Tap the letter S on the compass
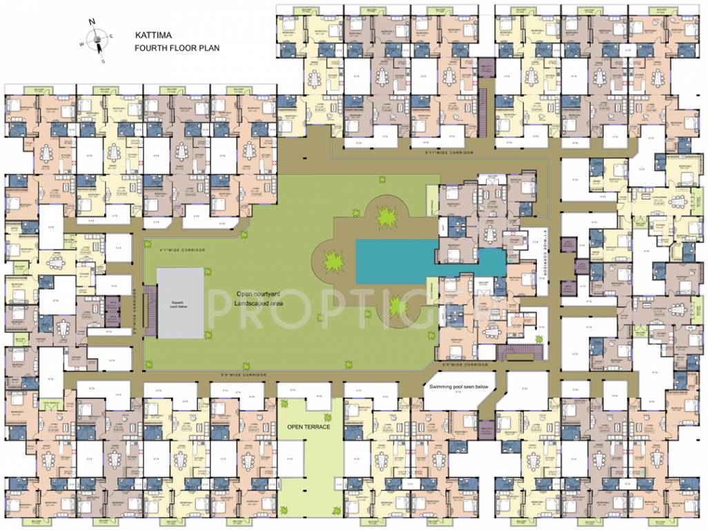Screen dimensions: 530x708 (104, 61)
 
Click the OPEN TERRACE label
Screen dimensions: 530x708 (308, 427)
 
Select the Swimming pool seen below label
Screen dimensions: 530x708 (459, 387)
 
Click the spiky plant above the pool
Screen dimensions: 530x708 (386, 217)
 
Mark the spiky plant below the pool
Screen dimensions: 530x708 (397, 304)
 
